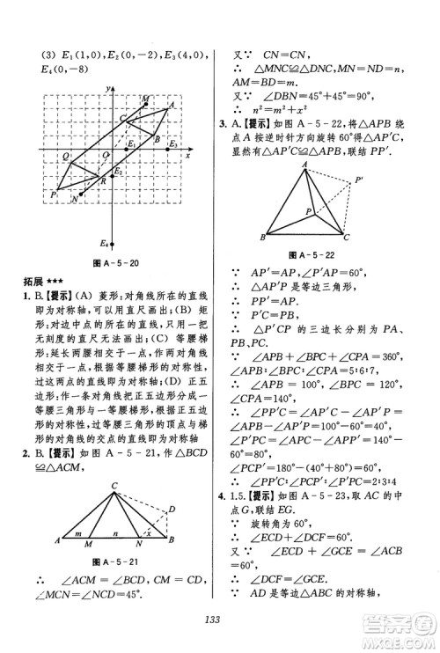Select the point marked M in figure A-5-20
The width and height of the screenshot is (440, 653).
pyautogui.click(x=144, y=99)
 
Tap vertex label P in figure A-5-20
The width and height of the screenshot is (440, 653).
pyautogui.click(x=54, y=194)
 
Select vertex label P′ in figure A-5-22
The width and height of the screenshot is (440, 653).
pyautogui.click(x=359, y=180)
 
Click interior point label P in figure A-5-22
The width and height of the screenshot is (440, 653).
pyautogui.click(x=307, y=211)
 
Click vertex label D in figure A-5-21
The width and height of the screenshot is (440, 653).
pyautogui.click(x=172, y=509)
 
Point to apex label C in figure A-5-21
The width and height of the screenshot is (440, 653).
pyautogui.click(x=114, y=485)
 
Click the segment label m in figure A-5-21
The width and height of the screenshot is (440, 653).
pyautogui.click(x=79, y=532)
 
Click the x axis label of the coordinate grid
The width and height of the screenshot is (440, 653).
pyautogui.click(x=188, y=155)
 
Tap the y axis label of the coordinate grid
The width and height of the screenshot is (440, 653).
pyautogui.click(x=106, y=90)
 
